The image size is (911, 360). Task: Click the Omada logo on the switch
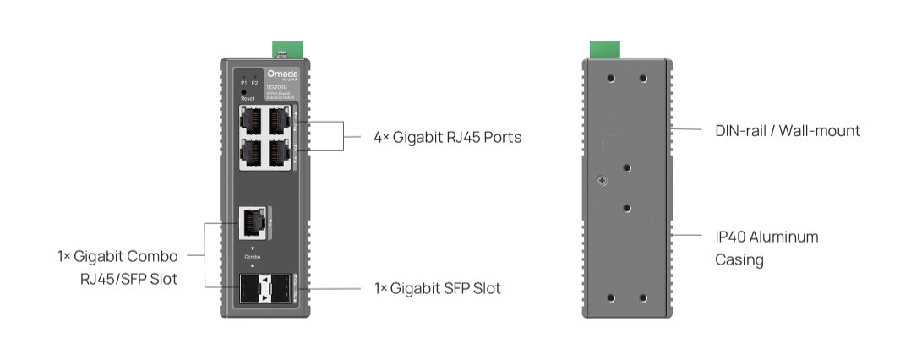click(276, 74)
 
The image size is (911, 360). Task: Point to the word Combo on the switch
click(253, 255)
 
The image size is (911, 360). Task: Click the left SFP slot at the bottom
click(250, 289)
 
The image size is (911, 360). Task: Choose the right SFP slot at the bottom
click(280, 289)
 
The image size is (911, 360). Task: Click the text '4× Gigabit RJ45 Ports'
click(447, 137)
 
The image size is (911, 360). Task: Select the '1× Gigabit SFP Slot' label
click(437, 288)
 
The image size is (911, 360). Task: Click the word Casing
click(739, 260)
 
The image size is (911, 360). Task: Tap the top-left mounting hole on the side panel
click(611, 79)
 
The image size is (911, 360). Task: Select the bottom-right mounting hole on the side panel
click(643, 297)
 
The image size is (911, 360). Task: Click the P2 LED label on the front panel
click(255, 83)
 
